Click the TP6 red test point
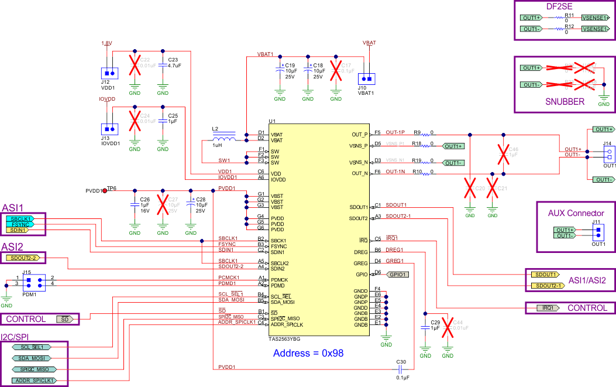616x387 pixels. click(x=105, y=190)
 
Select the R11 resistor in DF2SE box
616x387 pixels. click(x=563, y=18)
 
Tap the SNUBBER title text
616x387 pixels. click(x=565, y=101)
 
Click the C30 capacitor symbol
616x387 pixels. click(x=401, y=369)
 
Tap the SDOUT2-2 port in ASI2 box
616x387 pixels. click(x=21, y=258)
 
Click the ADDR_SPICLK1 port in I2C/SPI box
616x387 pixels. click(x=34, y=380)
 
